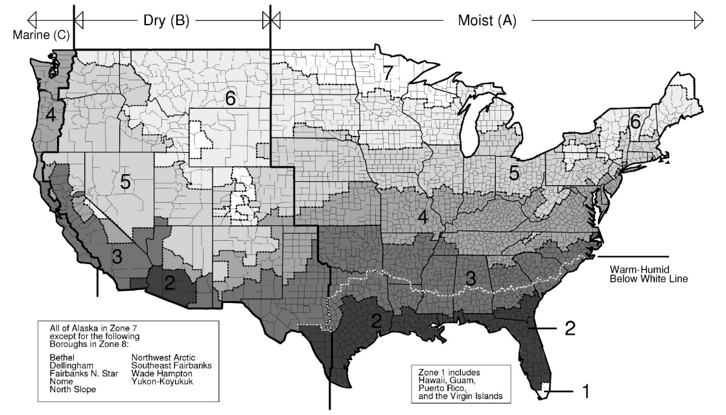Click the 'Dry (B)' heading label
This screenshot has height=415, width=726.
pyautogui.click(x=166, y=21)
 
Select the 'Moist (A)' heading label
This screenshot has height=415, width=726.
pyautogui.click(x=488, y=21)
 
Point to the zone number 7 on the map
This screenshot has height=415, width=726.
pyautogui.click(x=388, y=73)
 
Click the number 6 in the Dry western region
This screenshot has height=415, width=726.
pyautogui.click(x=229, y=98)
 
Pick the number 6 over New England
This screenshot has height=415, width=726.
pyautogui.click(x=635, y=121)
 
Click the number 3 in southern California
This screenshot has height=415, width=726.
pyautogui.click(x=117, y=256)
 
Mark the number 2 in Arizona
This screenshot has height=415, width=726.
pyautogui.click(x=169, y=283)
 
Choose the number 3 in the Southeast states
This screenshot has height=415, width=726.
pyautogui.click(x=471, y=278)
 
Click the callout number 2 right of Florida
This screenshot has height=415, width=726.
pyautogui.click(x=570, y=328)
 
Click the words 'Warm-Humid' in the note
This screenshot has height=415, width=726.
pyautogui.click(x=636, y=269)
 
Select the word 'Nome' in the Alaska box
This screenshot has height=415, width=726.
pyautogui.click(x=61, y=381)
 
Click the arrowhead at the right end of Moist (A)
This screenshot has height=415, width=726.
pyautogui.click(x=699, y=20)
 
